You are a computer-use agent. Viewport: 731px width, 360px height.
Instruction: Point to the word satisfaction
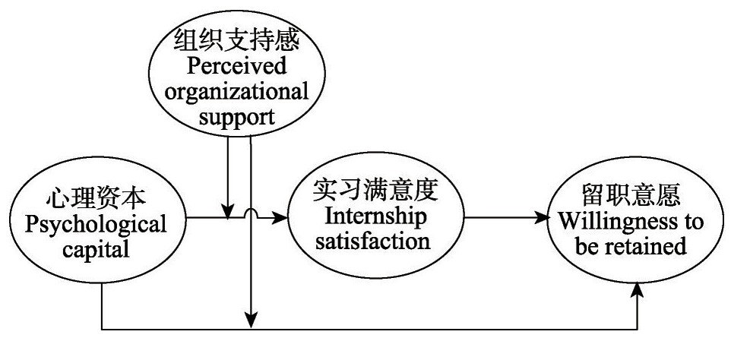376,243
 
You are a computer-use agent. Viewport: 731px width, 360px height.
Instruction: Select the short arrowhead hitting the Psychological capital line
226,213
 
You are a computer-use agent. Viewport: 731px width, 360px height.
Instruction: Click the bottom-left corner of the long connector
103,330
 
